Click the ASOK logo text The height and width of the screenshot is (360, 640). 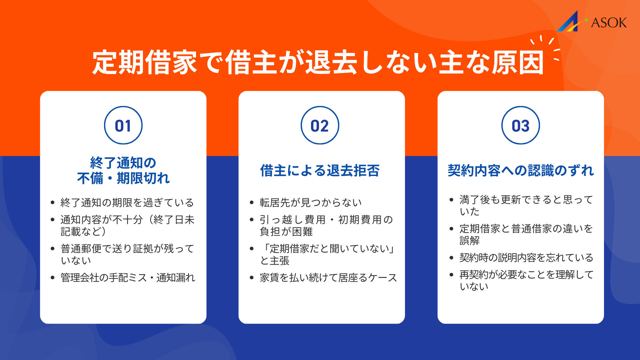coord(609,23)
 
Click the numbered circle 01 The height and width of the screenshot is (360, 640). coord(123,125)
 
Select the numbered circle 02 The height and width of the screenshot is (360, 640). coord(320,125)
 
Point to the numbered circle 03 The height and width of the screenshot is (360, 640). coord(520,125)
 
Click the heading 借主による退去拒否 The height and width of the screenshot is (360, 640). coord(320,171)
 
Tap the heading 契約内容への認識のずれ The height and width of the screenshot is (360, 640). coord(520,171)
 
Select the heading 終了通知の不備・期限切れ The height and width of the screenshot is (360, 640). coord(123,171)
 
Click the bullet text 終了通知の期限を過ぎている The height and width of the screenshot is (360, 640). coord(127,203)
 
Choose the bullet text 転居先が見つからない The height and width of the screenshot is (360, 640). coord(311,203)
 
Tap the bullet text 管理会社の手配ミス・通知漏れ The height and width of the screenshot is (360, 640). coord(128,278)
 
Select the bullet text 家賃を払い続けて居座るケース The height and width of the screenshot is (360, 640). coord(328,278)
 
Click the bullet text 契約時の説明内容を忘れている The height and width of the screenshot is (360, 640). coord(526,258)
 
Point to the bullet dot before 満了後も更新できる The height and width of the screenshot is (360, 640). coord(451,200)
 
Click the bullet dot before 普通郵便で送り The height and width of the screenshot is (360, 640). coord(52,249)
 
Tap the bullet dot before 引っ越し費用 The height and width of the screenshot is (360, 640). coord(252,220)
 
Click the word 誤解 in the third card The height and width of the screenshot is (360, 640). coord(469,240)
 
